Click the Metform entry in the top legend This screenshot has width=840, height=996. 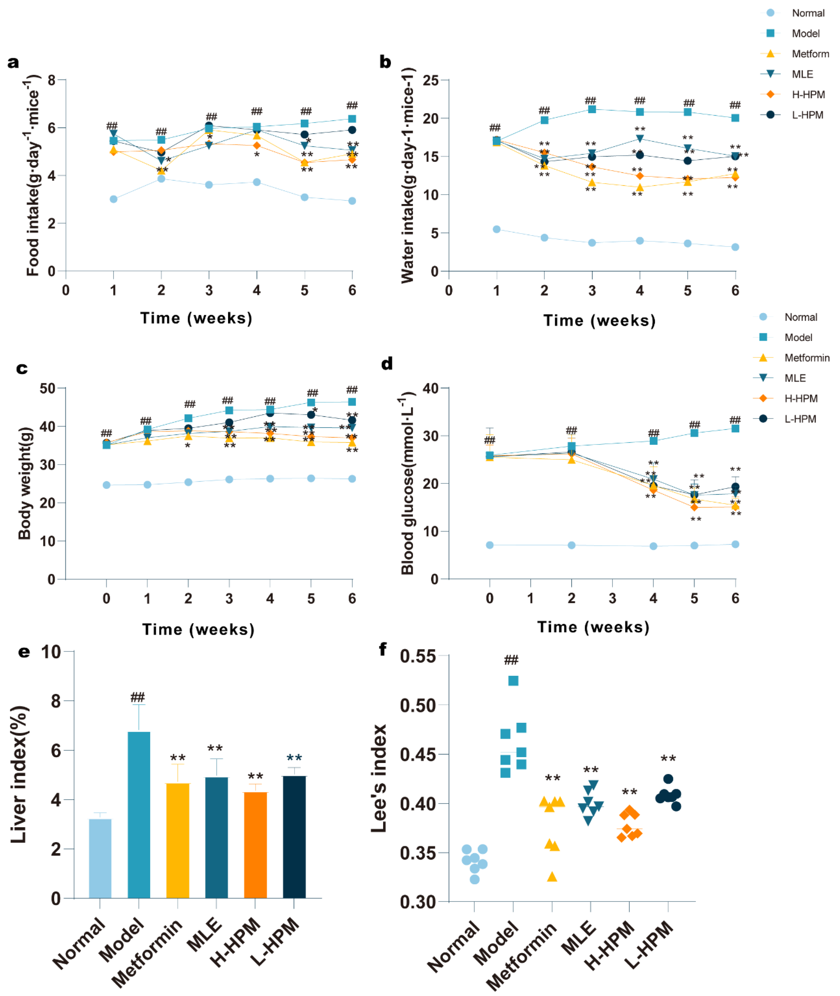810,54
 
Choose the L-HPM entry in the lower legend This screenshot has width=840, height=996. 800,419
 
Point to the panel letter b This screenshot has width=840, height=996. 385,62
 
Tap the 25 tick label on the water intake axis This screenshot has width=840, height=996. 431,81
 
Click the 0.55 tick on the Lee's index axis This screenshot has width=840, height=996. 418,656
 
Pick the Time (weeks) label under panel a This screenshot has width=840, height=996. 196,318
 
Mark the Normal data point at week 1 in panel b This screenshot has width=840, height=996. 497,230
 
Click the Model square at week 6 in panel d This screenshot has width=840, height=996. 735,428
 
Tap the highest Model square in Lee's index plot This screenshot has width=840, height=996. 513,681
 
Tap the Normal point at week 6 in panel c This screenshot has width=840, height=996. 352,479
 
